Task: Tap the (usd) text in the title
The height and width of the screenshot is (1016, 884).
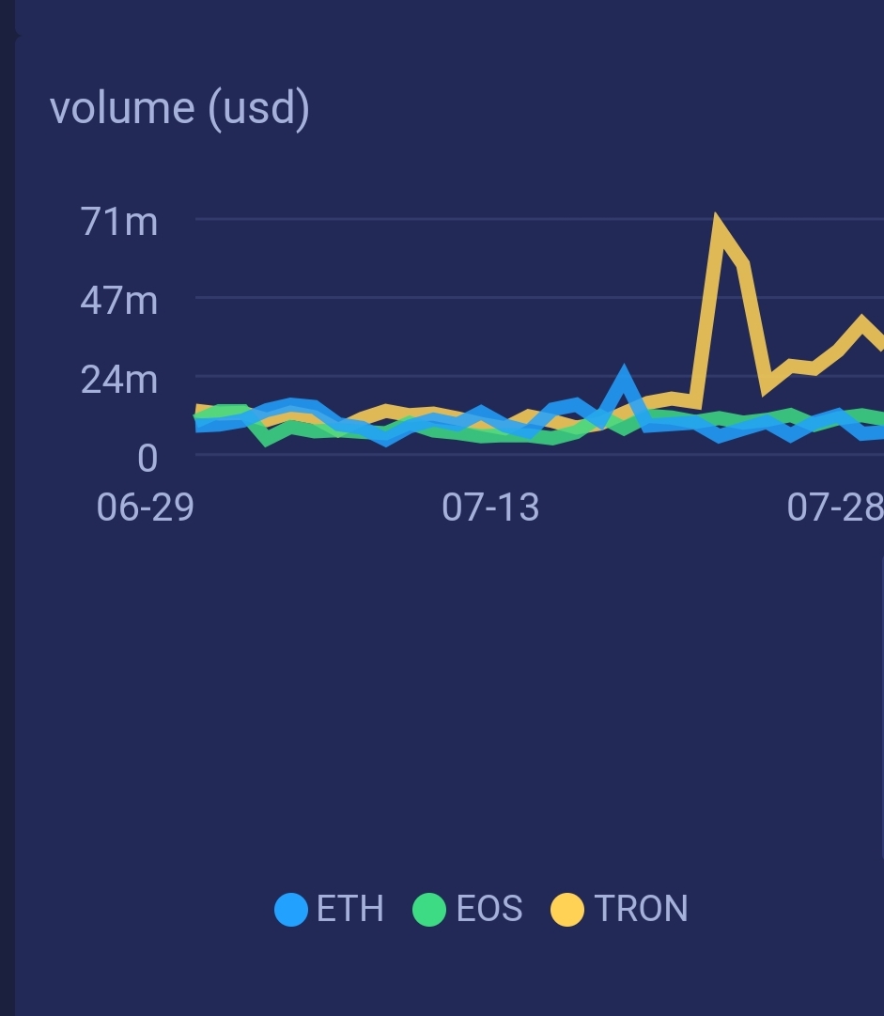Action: (x=258, y=110)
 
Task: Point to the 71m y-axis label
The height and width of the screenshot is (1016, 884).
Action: (x=119, y=223)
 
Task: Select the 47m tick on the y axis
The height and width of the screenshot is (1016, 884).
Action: (x=119, y=301)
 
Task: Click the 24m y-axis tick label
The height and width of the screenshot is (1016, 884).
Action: (x=119, y=380)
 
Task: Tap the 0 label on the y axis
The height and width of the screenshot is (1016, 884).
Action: (x=147, y=459)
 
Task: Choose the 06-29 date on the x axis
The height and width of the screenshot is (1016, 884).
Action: (x=146, y=508)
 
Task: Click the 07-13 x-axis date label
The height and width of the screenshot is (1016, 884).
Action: (x=490, y=508)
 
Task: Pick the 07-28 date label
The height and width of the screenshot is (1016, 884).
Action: (x=834, y=508)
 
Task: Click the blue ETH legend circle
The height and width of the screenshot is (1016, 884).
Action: (x=291, y=910)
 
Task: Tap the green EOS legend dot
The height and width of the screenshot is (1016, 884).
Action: (x=429, y=910)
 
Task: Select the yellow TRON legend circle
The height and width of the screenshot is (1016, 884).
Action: (x=567, y=910)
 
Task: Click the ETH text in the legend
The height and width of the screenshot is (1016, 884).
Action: (x=350, y=909)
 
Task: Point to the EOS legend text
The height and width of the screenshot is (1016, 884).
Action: (x=489, y=909)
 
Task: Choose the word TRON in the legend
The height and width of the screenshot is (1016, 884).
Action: (x=642, y=909)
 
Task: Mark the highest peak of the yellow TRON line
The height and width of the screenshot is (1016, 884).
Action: (x=719, y=222)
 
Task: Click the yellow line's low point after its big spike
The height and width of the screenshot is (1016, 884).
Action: (x=768, y=384)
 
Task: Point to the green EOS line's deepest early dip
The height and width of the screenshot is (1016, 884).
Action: (x=268, y=439)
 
